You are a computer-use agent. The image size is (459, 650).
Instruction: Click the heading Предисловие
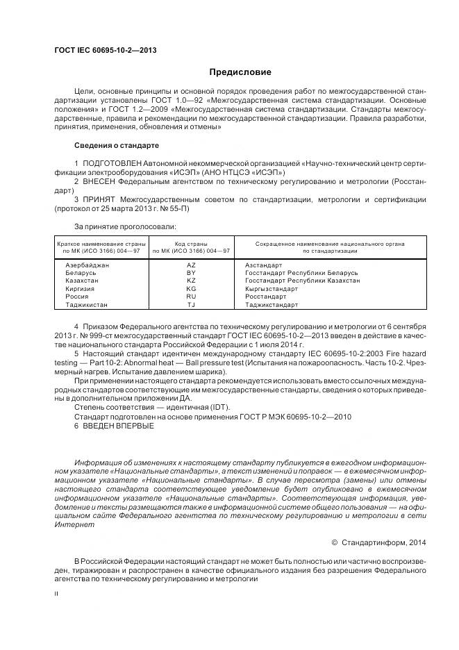coord(240,72)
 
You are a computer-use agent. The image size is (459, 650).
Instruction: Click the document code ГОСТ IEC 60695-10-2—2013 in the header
coord(105,51)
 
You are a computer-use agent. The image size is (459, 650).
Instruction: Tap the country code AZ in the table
coord(191,265)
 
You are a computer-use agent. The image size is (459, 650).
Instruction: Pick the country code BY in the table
coord(191,273)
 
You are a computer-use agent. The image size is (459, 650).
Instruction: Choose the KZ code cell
coord(191,281)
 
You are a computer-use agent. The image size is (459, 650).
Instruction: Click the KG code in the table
coord(191,288)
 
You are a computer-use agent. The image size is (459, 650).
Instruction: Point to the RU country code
coord(191,297)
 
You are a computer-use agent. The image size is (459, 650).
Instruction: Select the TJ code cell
coord(191,304)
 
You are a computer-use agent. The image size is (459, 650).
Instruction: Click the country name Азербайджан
coord(87,265)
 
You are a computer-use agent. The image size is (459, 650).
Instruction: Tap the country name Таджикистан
coord(87,304)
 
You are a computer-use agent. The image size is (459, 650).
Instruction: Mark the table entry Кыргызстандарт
coord(272,288)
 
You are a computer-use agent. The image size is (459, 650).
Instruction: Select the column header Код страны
coord(191,244)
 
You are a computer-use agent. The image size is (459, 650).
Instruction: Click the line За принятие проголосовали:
coord(125,226)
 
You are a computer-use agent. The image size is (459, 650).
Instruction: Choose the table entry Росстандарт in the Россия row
coord(265,297)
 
